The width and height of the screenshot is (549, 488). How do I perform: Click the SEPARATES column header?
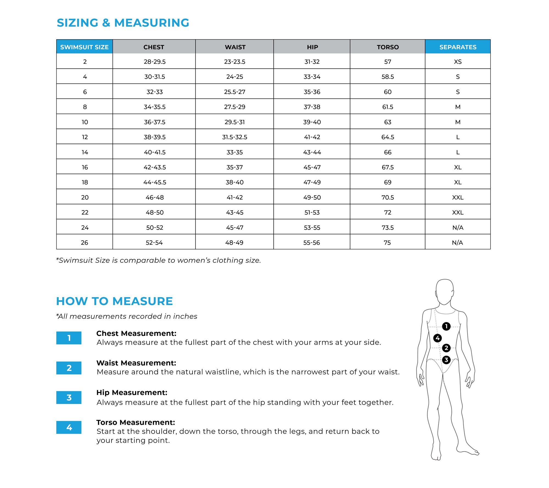click(458, 47)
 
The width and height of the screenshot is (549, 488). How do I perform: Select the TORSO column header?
click(388, 47)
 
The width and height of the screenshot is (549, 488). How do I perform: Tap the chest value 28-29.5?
click(155, 62)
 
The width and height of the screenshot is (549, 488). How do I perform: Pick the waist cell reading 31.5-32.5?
click(235, 137)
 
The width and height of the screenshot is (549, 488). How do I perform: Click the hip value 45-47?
click(312, 167)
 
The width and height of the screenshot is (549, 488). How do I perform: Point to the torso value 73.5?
click(388, 228)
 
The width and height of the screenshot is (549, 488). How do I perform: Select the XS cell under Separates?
click(458, 62)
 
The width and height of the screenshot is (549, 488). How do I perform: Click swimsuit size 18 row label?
click(85, 182)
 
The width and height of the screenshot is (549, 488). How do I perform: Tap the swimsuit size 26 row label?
click(85, 243)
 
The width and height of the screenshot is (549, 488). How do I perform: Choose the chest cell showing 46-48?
click(155, 197)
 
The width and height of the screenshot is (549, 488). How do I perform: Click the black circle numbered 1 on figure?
click(446, 326)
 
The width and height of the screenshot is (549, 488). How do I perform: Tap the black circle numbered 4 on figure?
click(438, 338)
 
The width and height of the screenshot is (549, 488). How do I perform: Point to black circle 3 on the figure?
click(446, 360)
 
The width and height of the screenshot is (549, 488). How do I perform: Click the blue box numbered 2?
click(69, 368)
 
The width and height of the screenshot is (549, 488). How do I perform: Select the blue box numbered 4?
click(69, 427)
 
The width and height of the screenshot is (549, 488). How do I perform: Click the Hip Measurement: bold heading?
click(132, 393)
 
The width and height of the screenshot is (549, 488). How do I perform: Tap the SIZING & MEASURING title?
click(123, 23)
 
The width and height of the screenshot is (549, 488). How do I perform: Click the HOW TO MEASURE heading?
click(114, 301)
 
